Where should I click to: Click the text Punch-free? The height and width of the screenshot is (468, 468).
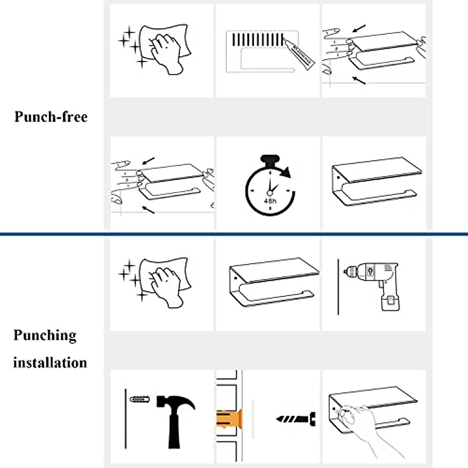point(51,117)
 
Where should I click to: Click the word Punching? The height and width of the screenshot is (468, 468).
point(45,335)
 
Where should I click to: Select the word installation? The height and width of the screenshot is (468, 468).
point(50,363)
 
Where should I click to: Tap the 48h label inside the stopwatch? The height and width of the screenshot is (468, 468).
point(270,201)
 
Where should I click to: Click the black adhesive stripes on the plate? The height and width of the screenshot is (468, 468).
point(257,40)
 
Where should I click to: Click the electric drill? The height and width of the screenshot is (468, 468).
point(374,281)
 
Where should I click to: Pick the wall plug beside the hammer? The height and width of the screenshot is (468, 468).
point(140,400)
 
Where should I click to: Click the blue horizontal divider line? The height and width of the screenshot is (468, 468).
point(234,234)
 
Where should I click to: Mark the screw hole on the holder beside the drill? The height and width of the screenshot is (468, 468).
point(236,278)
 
